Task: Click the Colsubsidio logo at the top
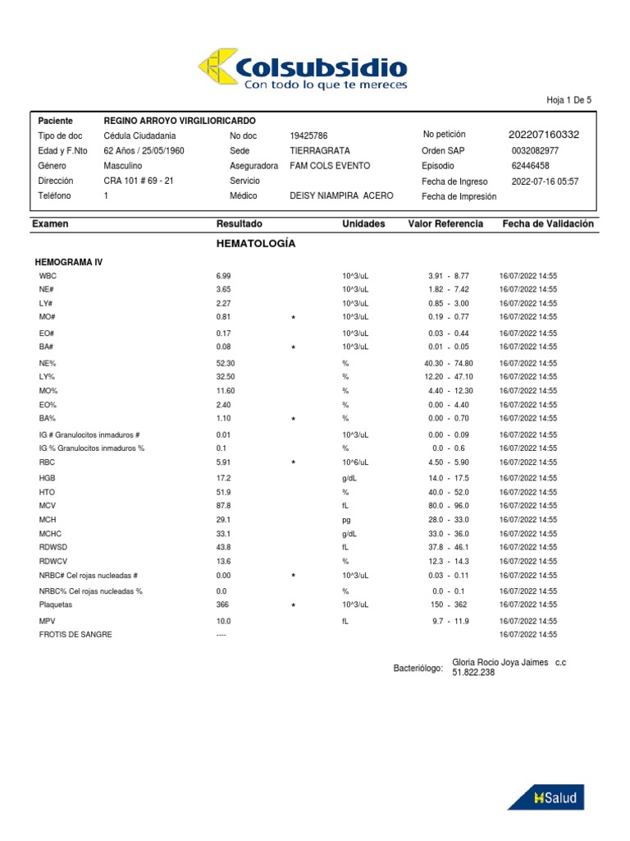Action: tap(302, 68)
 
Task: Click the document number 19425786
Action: tap(308, 136)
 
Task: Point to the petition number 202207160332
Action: tap(544, 135)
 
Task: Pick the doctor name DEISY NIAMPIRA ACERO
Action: tap(341, 195)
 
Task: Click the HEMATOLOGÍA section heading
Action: tap(255, 244)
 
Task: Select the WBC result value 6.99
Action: tap(223, 276)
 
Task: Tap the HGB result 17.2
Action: tap(223, 478)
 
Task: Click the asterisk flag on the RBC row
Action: tap(293, 463)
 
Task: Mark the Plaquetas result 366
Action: tap(222, 604)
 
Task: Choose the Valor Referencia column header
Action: tap(445, 223)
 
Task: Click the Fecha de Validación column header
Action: tap(548, 223)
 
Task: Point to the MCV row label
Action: tap(48, 506)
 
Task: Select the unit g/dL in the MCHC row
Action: tap(351, 534)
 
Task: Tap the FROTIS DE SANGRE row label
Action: tap(75, 635)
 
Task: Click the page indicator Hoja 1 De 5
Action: tap(568, 100)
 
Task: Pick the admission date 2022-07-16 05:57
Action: tap(545, 181)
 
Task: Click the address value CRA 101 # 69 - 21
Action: tap(139, 181)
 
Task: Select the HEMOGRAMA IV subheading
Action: tap(69, 261)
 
